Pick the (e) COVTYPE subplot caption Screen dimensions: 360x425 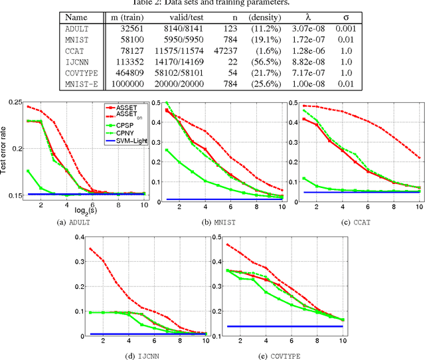coord(283,356)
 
